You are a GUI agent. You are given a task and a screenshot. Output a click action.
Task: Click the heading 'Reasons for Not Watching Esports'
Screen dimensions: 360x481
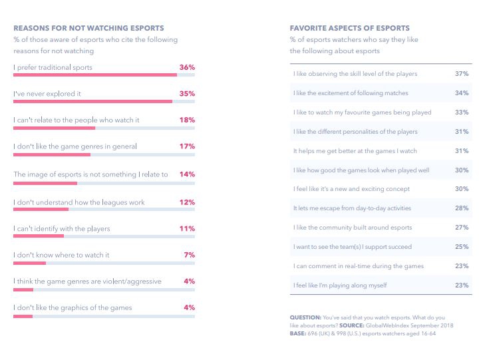click(88, 28)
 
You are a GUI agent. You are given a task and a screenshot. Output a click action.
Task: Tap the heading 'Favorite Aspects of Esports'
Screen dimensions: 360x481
click(350, 28)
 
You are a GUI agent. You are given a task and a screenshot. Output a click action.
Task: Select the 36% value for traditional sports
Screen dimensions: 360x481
click(187, 67)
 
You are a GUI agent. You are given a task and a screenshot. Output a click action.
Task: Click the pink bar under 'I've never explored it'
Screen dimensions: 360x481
click(92, 102)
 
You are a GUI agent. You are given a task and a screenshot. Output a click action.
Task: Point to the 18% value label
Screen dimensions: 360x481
click(187, 120)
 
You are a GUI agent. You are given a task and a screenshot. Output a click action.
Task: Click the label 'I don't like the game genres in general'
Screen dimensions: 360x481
click(75, 146)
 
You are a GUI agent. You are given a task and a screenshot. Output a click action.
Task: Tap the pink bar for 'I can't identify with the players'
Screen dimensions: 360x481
click(39, 236)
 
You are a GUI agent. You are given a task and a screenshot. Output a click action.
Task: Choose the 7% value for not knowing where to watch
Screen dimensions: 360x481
click(189, 255)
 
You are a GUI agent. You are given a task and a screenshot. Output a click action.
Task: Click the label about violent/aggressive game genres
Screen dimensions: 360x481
click(87, 281)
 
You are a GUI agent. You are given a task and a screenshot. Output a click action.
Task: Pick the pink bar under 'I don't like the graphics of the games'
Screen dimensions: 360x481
click(23, 316)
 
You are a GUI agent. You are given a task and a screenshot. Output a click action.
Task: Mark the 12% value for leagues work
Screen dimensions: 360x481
click(187, 202)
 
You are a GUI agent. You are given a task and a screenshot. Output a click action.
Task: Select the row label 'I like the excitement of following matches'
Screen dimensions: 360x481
click(351, 92)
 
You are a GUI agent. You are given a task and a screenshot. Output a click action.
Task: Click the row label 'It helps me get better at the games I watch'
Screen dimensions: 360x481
click(355, 151)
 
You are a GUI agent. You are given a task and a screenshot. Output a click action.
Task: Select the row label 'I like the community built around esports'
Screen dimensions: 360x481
click(353, 228)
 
